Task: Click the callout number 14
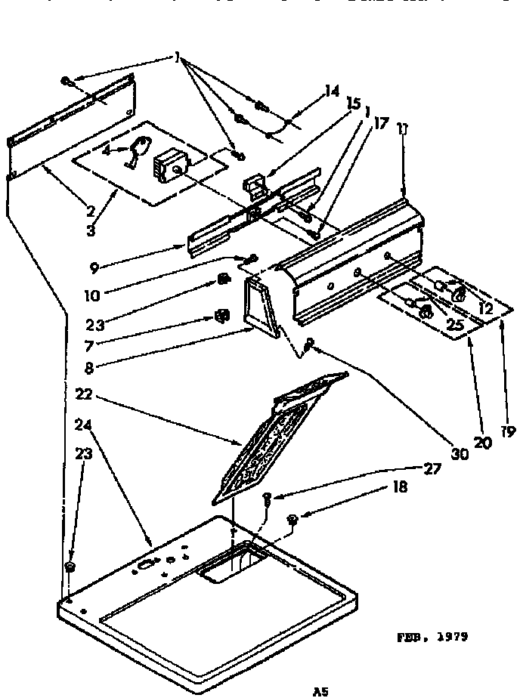(x=330, y=91)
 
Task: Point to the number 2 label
(x=91, y=209)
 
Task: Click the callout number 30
(x=459, y=454)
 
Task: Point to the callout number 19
(x=506, y=432)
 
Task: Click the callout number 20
(x=482, y=441)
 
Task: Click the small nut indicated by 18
(x=293, y=519)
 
